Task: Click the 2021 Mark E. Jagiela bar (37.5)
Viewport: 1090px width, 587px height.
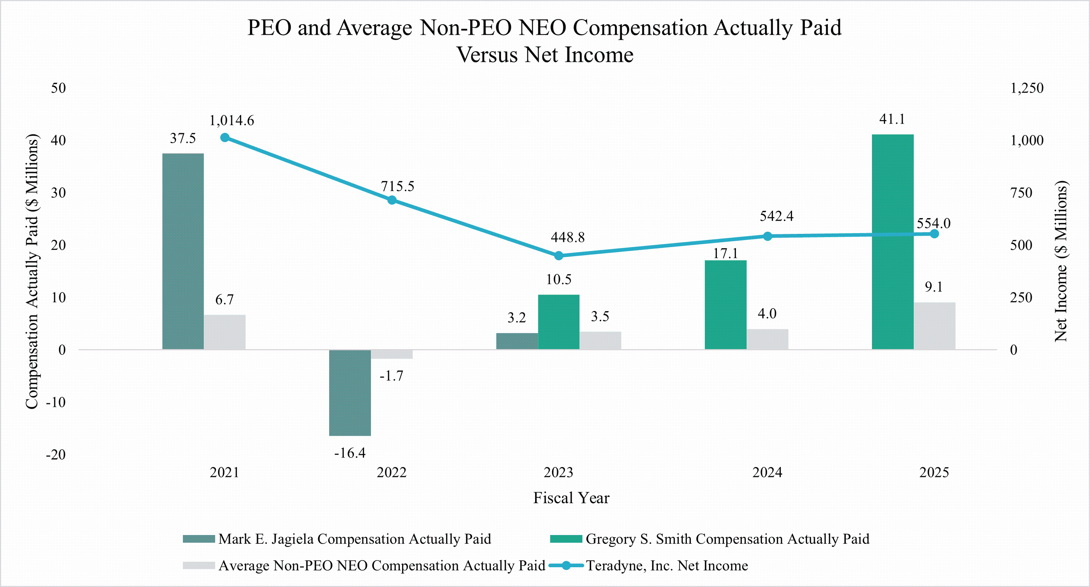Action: pos(183,251)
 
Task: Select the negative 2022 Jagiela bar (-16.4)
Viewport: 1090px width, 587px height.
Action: pos(350,393)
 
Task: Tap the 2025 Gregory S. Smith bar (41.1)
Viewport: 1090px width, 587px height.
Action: pos(893,242)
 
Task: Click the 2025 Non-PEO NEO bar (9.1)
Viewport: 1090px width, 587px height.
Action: pos(934,326)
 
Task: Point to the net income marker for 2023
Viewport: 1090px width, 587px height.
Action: pos(559,256)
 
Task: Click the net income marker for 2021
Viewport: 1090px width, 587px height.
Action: pos(225,138)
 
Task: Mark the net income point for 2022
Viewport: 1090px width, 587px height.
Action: pos(392,200)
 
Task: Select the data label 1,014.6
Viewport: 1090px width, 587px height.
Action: pos(232,121)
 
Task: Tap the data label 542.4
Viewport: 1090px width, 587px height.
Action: pos(777,216)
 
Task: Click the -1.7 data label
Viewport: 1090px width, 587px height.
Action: pos(391,376)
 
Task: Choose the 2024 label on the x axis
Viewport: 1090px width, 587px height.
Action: pos(767,472)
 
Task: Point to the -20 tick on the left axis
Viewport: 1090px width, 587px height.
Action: pos(56,455)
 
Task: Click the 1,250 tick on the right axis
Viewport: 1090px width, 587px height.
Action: pos(1027,88)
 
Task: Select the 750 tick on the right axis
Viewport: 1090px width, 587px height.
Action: pos(1021,193)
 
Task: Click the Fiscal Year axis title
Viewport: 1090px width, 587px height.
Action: pos(571,498)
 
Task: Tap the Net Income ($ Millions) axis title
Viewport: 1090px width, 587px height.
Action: pos(1061,261)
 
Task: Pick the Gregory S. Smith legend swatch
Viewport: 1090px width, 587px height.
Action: pos(566,539)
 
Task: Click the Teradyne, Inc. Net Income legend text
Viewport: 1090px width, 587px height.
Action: pos(666,565)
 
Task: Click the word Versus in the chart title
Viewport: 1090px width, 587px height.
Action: pos(487,55)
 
